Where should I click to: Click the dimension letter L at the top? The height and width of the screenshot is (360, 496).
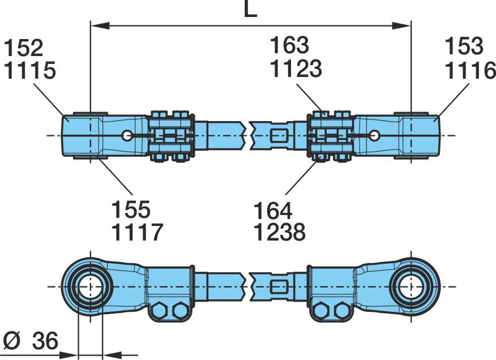pyautogui.click(x=250, y=9)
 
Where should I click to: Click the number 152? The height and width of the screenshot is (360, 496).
pyautogui.click(x=23, y=48)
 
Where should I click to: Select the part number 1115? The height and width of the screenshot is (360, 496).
pyautogui.click(x=30, y=70)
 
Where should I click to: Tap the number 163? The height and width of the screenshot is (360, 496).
pyautogui.click(x=289, y=45)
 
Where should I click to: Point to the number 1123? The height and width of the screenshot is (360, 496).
pyautogui.click(x=296, y=68)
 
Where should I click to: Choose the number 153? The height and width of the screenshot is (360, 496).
pyautogui.click(x=464, y=46)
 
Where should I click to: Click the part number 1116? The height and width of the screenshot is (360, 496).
pyautogui.click(x=471, y=70)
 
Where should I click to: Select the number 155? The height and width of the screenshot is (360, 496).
pyautogui.click(x=131, y=209)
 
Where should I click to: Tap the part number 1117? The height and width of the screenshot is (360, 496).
pyautogui.click(x=137, y=232)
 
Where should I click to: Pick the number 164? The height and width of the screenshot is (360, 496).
pyautogui.click(x=273, y=211)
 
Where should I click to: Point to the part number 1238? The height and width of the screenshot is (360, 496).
pyautogui.click(x=279, y=232)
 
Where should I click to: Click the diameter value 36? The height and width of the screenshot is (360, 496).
pyautogui.click(x=45, y=341)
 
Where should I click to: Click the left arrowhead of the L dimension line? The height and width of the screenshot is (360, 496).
pyautogui.click(x=100, y=25)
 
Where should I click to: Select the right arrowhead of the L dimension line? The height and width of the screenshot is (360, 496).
pyautogui.click(x=401, y=25)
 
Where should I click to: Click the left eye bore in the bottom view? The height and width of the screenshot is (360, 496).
pyautogui.click(x=91, y=287)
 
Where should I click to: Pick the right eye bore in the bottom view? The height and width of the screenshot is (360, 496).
pyautogui.click(x=411, y=287)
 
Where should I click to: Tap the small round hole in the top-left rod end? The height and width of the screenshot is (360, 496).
pyautogui.click(x=127, y=136)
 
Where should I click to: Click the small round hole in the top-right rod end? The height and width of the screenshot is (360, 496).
pyautogui.click(x=375, y=135)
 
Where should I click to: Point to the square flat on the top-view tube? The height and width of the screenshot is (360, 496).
pyautogui.click(x=279, y=136)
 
